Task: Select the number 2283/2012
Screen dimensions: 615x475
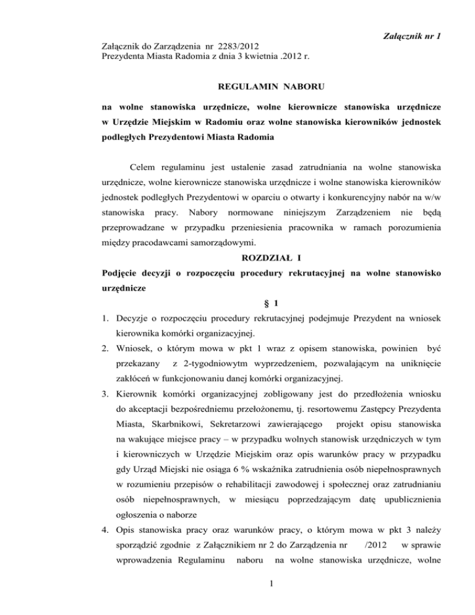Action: point(238,46)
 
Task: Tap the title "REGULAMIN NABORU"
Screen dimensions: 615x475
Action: point(237,87)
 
